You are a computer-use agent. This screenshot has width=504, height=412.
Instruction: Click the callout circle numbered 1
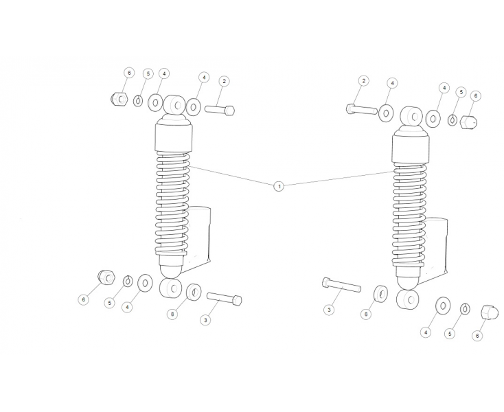(279, 186)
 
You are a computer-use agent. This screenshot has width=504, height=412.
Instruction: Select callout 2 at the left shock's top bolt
(224, 81)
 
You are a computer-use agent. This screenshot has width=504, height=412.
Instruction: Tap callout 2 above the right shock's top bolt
(363, 80)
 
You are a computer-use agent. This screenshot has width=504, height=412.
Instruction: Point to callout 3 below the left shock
(205, 320)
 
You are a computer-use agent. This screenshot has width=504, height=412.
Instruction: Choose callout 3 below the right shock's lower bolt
(329, 310)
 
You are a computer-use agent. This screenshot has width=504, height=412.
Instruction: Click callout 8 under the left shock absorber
(172, 314)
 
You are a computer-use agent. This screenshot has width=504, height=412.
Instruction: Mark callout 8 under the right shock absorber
(366, 314)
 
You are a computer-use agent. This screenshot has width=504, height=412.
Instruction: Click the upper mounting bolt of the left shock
(220, 111)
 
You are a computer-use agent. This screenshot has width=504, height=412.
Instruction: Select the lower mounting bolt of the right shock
(341, 285)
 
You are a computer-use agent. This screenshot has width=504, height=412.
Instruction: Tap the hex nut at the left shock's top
(119, 99)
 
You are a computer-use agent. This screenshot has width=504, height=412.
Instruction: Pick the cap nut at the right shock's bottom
(490, 312)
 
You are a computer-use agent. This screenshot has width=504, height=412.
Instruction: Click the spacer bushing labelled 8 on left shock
(194, 292)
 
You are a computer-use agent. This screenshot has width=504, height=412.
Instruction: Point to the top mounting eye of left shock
(174, 105)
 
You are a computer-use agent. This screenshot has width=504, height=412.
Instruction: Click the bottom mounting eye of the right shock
(408, 300)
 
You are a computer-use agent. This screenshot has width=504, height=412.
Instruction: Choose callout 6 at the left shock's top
(129, 73)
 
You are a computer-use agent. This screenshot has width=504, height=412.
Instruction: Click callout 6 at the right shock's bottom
(477, 336)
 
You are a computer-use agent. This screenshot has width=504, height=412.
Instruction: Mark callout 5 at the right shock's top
(461, 93)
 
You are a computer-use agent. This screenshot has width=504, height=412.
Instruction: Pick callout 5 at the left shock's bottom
(110, 303)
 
